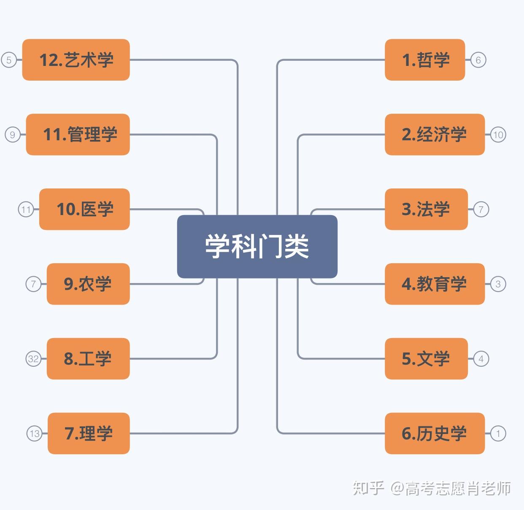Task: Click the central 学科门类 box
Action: (x=257, y=246)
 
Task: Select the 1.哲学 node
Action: (x=425, y=60)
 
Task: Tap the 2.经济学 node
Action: (x=435, y=134)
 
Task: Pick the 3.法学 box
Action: (x=426, y=209)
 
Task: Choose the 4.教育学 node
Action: (x=435, y=284)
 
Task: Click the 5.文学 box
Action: (x=426, y=359)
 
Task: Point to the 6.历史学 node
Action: (x=435, y=434)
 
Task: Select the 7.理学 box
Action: (x=89, y=434)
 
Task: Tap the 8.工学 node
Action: (x=88, y=359)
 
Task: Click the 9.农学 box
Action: (x=88, y=284)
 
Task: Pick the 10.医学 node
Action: (x=84, y=209)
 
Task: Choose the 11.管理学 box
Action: (x=78, y=134)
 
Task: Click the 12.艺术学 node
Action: (x=76, y=60)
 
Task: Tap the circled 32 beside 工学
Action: (x=33, y=359)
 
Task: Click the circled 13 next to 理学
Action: (x=35, y=434)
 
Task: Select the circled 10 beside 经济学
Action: (x=498, y=134)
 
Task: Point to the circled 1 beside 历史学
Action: (x=498, y=434)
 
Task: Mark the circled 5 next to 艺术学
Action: (x=9, y=60)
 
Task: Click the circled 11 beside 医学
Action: (x=26, y=209)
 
